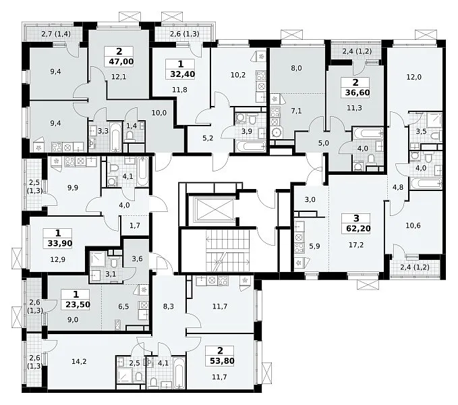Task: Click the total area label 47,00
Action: coord(119,61)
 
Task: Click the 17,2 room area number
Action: coord(356,245)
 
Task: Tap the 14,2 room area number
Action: coord(79,362)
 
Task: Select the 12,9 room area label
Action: coord(58,259)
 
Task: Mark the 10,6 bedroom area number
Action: coord(413,225)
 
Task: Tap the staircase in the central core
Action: coord(228,250)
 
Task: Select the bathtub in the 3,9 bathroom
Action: coord(250,146)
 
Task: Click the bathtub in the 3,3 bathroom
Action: coord(116,137)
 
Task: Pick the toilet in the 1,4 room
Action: coord(130,136)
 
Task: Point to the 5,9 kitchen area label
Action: coord(314,246)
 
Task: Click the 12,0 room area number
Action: coord(414,77)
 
